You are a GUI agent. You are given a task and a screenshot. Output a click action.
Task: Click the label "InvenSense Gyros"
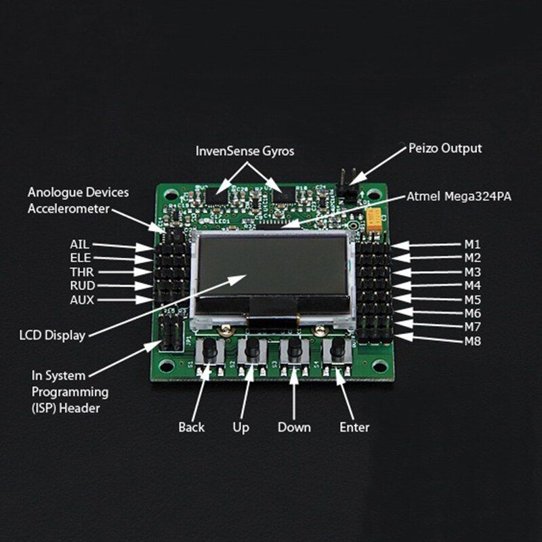click(x=245, y=150)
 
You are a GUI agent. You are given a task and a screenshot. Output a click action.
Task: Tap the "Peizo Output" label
click(x=445, y=148)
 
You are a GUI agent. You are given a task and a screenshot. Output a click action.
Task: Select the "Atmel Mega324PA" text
click(x=459, y=197)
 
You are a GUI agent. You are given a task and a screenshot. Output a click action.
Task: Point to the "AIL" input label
click(x=79, y=244)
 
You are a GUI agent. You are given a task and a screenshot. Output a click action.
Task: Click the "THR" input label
click(x=81, y=272)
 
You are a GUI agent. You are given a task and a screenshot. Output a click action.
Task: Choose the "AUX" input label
click(x=82, y=299)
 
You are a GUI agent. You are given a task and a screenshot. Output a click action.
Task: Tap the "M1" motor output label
click(x=472, y=244)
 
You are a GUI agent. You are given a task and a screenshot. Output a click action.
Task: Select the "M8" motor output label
click(x=472, y=341)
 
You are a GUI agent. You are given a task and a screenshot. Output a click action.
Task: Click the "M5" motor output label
click(x=472, y=299)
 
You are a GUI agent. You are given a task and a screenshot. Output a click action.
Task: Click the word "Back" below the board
click(x=191, y=427)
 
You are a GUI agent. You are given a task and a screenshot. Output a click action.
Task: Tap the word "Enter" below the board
click(x=354, y=427)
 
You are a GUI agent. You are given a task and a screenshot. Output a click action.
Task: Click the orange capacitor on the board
click(x=373, y=218)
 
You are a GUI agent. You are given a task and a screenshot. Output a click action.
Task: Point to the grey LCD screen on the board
click(x=271, y=265)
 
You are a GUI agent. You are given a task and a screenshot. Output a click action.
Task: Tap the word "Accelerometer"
click(x=68, y=209)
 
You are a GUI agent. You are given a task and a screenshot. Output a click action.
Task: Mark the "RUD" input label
click(x=82, y=285)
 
